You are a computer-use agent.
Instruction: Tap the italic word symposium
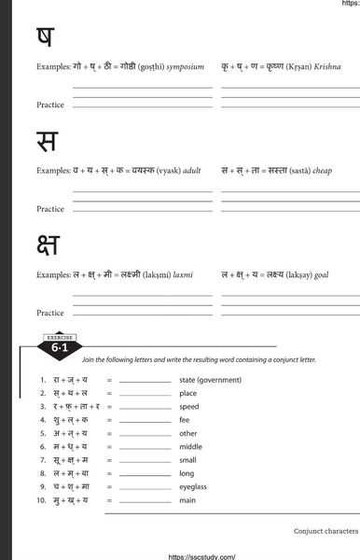(x=185, y=67)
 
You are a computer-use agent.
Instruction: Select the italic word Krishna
(x=327, y=67)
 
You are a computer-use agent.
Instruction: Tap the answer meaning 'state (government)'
(x=210, y=380)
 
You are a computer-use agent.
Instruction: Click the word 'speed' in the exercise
(x=189, y=407)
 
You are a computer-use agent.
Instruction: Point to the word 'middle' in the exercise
(x=191, y=447)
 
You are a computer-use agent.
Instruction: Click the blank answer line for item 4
(x=145, y=422)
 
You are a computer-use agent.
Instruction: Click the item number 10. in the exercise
(x=42, y=500)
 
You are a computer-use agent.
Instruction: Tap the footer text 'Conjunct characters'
(x=325, y=529)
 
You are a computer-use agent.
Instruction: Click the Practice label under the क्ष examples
(x=50, y=313)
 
